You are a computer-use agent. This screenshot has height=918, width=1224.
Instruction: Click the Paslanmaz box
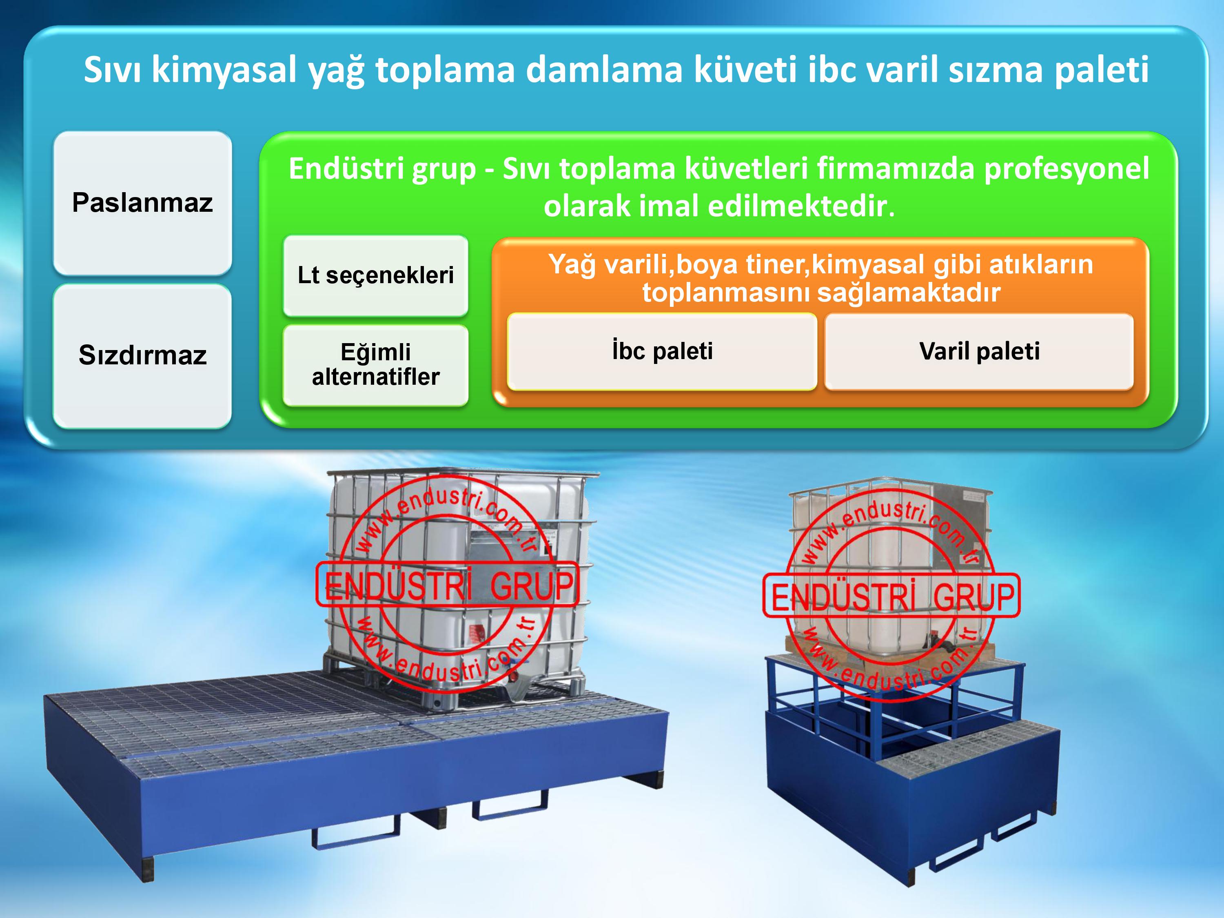coord(142,202)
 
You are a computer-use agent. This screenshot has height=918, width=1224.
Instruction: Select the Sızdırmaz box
coord(142,356)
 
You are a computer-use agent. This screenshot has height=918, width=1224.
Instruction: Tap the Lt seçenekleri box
coord(376,275)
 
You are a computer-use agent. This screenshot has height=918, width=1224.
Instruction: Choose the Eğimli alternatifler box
coord(376,365)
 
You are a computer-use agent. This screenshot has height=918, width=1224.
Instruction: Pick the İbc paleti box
coord(662,351)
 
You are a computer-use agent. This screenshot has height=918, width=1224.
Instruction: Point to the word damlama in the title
coord(604,69)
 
